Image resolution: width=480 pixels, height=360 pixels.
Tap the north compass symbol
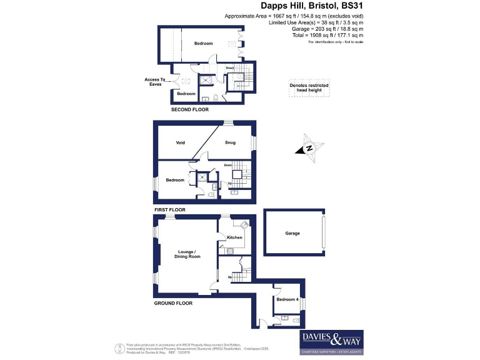(x=309, y=148)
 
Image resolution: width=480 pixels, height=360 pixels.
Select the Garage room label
(x=292, y=233)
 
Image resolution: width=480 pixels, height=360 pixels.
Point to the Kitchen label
(x=234, y=237)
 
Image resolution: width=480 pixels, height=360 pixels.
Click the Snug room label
(x=230, y=142)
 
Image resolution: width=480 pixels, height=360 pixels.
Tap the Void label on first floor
(x=180, y=142)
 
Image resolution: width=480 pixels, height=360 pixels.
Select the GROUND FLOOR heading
(x=173, y=303)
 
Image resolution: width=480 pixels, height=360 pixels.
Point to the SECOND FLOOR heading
(x=190, y=109)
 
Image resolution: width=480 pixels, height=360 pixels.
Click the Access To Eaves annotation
(x=155, y=82)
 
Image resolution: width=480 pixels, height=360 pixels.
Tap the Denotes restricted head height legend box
(x=309, y=88)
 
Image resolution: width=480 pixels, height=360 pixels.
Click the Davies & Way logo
(x=331, y=341)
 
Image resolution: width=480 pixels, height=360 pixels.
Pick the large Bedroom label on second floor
(x=203, y=43)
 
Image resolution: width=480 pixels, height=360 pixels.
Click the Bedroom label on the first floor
(x=175, y=180)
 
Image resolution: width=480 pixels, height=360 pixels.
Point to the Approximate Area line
(x=311, y=15)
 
